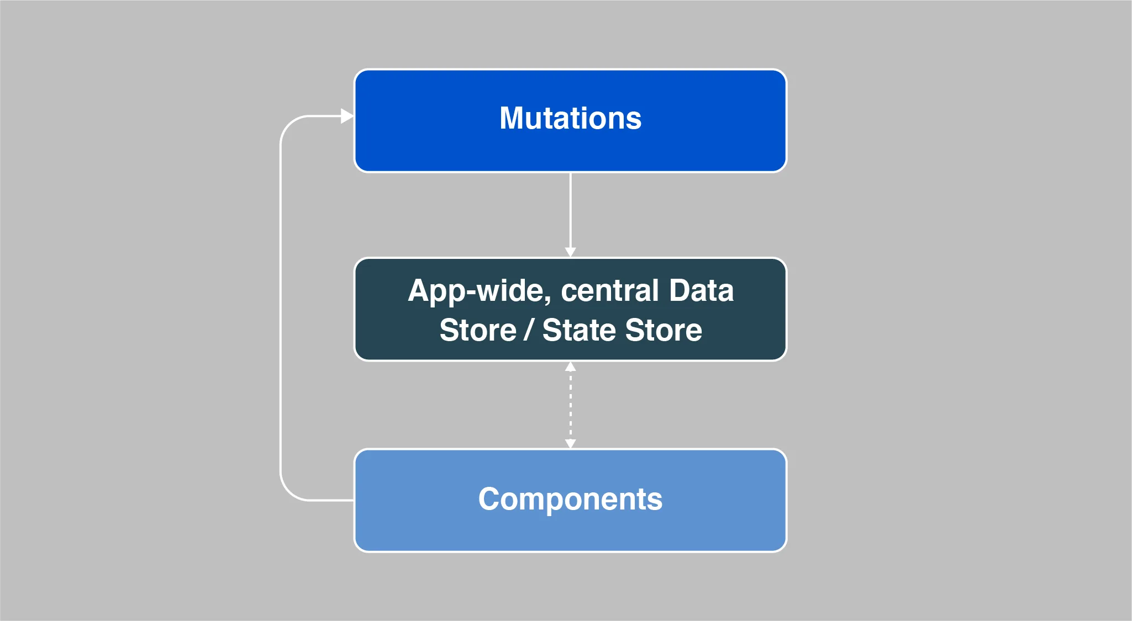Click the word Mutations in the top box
point(570,118)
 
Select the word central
point(610,290)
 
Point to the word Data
point(701,290)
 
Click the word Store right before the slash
point(478,330)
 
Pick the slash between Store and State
point(529,330)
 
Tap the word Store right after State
point(664,330)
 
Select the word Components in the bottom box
point(570,500)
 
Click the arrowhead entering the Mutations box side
point(348,116)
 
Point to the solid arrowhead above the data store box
point(570,252)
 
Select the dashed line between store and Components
point(570,405)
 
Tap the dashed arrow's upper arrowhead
point(570,367)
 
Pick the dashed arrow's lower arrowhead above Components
point(570,444)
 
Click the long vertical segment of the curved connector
point(281,308)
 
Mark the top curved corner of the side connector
point(289,124)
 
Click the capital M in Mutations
point(513,118)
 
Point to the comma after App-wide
point(549,302)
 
